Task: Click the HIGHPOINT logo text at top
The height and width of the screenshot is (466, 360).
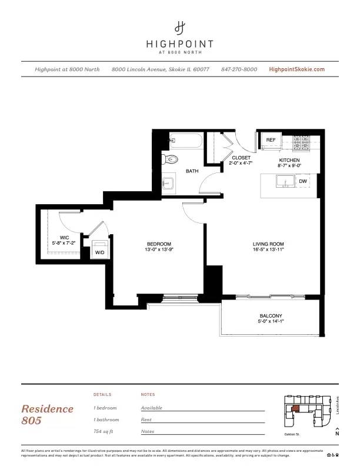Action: [x=179, y=44]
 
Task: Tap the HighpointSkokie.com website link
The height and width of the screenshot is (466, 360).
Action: [x=296, y=69]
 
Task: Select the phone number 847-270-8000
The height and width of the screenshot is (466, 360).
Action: [x=239, y=69]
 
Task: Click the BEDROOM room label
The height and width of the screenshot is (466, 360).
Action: [x=159, y=244]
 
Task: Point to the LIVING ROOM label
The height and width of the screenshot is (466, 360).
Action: [x=268, y=244]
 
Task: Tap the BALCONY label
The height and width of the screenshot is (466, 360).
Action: [x=271, y=316]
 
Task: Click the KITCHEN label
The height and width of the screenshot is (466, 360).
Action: [x=289, y=160]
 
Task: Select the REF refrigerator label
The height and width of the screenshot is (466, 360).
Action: [x=271, y=140]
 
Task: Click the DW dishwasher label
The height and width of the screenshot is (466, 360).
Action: [x=302, y=182]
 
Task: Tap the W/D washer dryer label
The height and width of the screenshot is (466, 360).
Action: [x=99, y=252]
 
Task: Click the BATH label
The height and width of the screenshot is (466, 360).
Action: [x=192, y=171]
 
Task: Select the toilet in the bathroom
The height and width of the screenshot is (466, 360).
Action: [x=171, y=159]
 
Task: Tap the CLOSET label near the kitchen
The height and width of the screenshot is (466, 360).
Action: [x=241, y=158]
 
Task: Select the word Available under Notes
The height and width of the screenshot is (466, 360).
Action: [x=151, y=408]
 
